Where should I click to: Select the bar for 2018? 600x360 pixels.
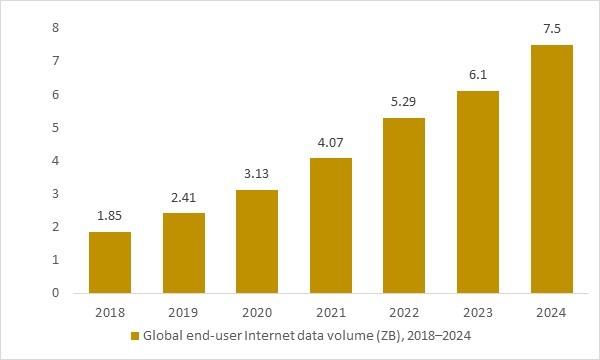pyautogui.click(x=110, y=263)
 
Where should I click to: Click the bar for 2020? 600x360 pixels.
pyautogui.click(x=257, y=242)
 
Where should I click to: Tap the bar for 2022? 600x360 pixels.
pyautogui.click(x=405, y=206)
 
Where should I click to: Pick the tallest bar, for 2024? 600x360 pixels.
pyautogui.click(x=552, y=169)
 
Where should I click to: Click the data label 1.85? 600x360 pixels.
pyautogui.click(x=110, y=217)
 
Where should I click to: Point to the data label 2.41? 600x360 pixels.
pyautogui.click(x=183, y=198)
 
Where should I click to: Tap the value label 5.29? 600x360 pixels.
pyautogui.click(x=405, y=103)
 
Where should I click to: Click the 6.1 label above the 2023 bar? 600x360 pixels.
pyautogui.click(x=478, y=76)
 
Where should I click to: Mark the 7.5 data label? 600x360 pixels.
pyautogui.click(x=552, y=30)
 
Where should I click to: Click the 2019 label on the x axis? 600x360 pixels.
pyautogui.click(x=183, y=312)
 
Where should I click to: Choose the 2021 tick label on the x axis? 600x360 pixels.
pyautogui.click(x=331, y=312)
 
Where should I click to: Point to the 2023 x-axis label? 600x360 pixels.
pyautogui.click(x=478, y=312)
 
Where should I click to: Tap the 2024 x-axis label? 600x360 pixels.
pyautogui.click(x=552, y=312)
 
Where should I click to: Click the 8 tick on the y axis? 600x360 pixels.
pyautogui.click(x=29, y=28)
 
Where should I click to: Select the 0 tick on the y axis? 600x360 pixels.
pyautogui.click(x=29, y=293)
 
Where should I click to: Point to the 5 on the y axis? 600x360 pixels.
pyautogui.click(x=29, y=127)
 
